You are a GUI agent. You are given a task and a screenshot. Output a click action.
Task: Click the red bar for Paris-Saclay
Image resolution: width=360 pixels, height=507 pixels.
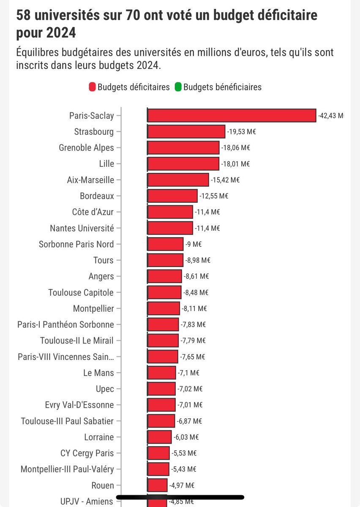coord(232,115)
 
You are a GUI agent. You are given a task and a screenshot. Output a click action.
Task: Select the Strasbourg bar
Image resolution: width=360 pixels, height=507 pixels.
coord(186,131)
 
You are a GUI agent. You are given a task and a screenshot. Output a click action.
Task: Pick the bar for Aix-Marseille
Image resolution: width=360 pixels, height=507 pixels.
coord(178,180)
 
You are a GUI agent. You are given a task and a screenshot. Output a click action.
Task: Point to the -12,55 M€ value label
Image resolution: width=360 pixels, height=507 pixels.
coord(214,196)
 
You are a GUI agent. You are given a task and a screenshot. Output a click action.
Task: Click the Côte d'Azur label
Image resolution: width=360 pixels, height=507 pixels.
coord(93,212)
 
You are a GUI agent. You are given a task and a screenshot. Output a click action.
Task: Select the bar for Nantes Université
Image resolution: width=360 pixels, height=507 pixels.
coord(170,228)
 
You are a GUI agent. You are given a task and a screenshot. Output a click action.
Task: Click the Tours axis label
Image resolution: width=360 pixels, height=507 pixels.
coord(104,260)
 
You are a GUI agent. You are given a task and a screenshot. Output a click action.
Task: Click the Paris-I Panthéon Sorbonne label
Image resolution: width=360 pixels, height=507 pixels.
coord(66,324)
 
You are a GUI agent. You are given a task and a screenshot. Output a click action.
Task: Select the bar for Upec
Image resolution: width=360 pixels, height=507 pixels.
coord(161,389)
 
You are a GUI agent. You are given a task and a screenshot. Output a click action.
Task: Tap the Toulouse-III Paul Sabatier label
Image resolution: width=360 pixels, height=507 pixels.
coord(68,421)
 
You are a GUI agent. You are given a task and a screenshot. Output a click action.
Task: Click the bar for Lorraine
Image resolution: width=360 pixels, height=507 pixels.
coord(159,437)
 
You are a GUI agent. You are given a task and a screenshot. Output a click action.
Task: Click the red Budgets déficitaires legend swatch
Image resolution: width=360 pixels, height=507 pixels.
coord(92,87)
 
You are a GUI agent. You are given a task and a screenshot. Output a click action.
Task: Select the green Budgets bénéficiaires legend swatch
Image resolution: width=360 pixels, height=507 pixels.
coord(178,87)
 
